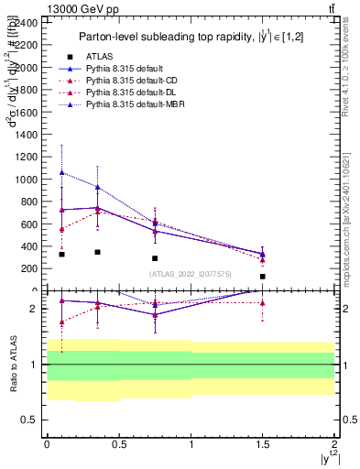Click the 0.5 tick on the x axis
[x=119, y=442]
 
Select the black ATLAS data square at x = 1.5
[x=263, y=277]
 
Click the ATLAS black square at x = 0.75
[x=155, y=258]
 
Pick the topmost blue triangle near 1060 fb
[x=61, y=172]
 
